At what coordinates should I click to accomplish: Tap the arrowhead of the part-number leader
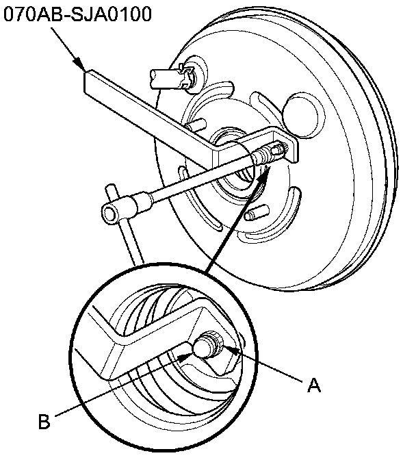[x=83, y=68]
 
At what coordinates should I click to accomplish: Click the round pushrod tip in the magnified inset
[x=203, y=348]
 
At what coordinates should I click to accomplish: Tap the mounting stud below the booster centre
[x=254, y=214]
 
